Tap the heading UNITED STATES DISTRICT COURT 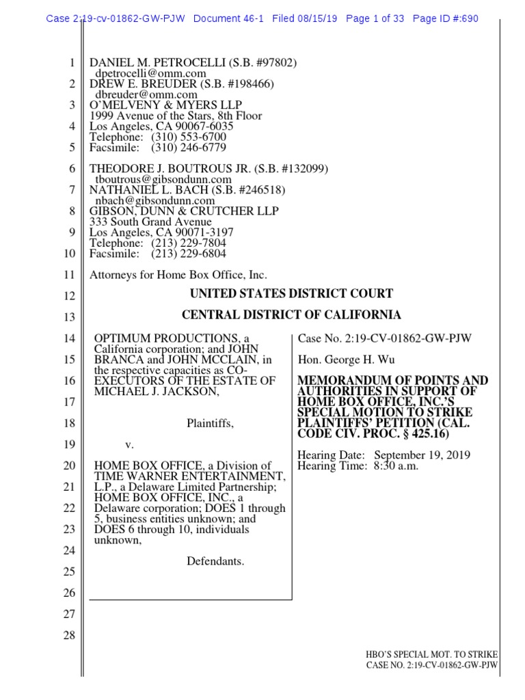(x=291, y=294)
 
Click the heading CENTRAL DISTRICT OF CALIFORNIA (x=291, y=315)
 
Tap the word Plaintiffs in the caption (x=210, y=424)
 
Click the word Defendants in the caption (x=215, y=561)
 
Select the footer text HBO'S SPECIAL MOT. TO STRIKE (x=432, y=654)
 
